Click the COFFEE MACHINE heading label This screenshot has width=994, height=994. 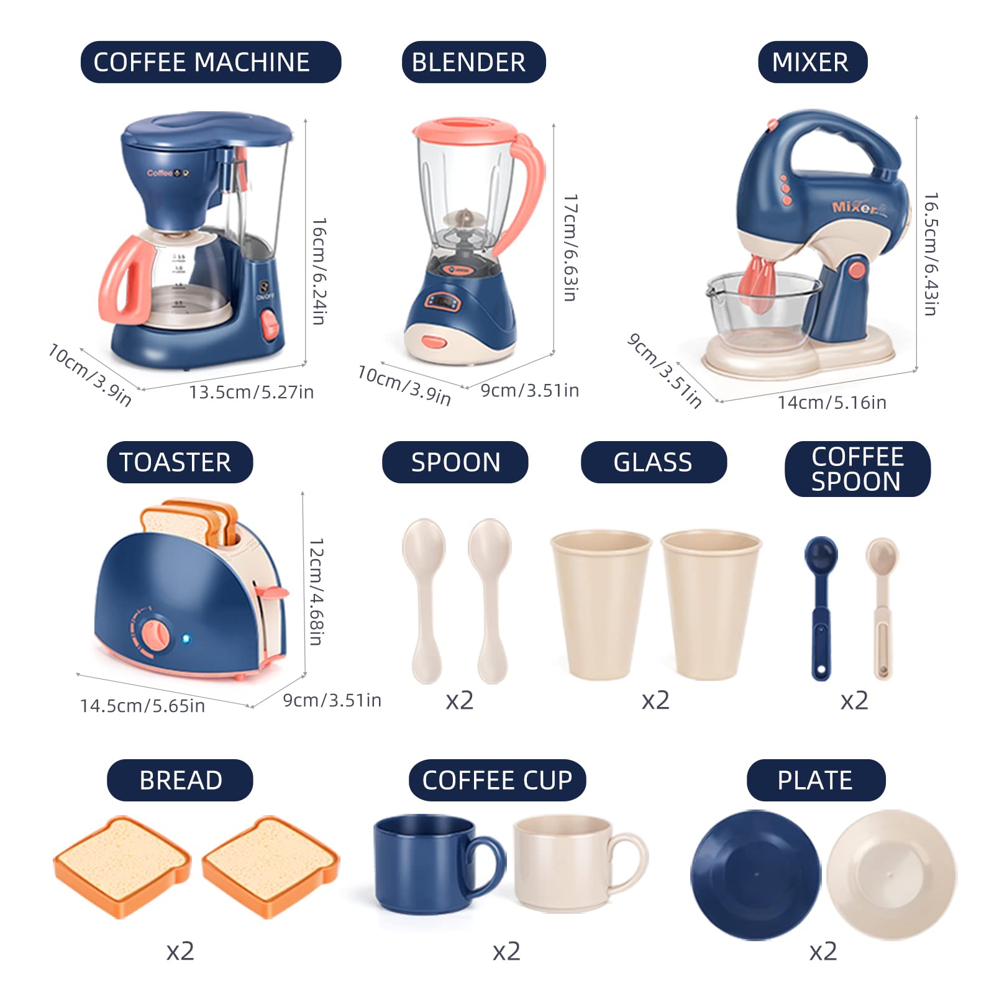pos(211,62)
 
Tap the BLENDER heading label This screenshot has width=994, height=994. pos(473,62)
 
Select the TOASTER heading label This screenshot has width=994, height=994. pos(180,462)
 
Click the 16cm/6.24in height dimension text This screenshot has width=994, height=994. pos(319,271)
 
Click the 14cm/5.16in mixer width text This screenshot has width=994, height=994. pos(832,403)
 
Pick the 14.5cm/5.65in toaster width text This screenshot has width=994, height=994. pos(142,706)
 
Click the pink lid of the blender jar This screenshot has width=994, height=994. pos(465,131)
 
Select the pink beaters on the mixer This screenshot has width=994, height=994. pos(760,283)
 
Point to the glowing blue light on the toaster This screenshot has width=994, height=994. pos(186,639)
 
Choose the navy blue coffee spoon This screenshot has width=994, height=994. pos(821,608)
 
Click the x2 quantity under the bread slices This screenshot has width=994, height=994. pos(180,951)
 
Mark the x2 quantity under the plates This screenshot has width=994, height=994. pos(823,951)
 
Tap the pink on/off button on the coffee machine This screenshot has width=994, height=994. pos(270,324)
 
